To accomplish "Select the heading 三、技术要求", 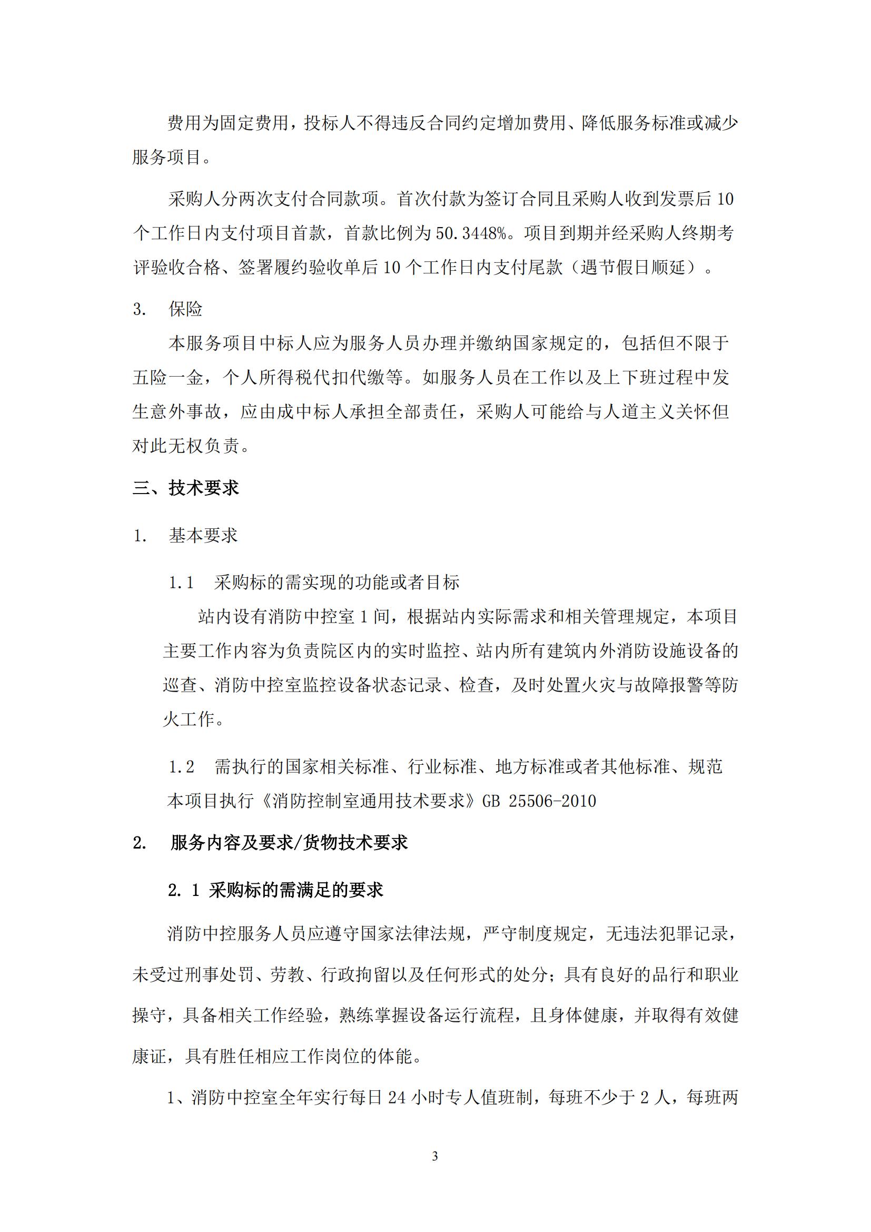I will (x=185, y=488).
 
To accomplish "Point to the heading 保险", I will (x=185, y=309).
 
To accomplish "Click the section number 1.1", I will (x=181, y=583).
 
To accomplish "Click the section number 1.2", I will (x=181, y=767).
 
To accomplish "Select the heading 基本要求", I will (x=203, y=535).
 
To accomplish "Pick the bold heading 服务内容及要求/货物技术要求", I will (x=289, y=843).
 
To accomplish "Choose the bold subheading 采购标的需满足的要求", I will (x=296, y=890).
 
